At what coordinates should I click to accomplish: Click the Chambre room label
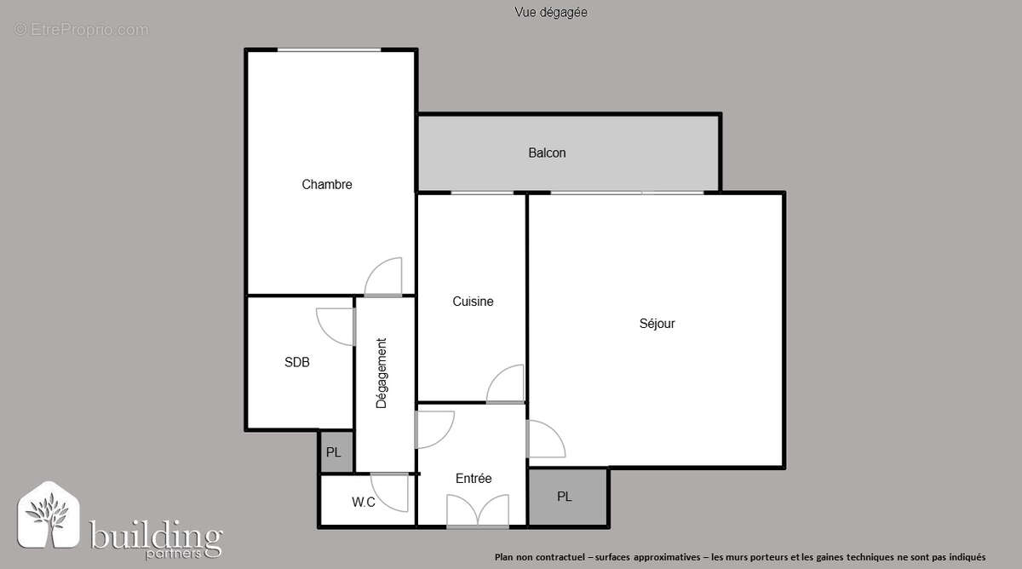point(327,185)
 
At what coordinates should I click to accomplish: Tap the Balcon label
point(547,153)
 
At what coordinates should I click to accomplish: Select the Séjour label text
point(657,324)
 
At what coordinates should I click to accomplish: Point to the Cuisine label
point(473,302)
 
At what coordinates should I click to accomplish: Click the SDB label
point(297,362)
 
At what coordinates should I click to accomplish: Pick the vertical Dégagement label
point(382,373)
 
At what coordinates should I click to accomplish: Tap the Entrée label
point(474,479)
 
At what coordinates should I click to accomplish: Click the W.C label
point(364,503)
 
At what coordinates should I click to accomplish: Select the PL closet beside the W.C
point(334,452)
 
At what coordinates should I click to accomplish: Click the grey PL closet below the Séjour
point(566,497)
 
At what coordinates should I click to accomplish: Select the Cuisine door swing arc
point(506,384)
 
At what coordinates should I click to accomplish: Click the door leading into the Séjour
point(545,440)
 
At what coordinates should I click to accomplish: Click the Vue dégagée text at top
point(551,12)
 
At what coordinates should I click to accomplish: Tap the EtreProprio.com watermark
point(81,30)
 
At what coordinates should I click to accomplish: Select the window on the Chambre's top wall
point(329,50)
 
